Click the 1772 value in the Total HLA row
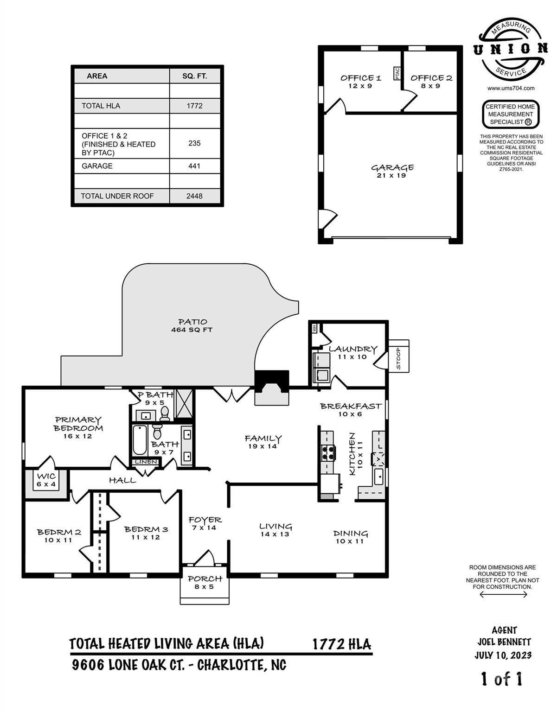(194, 106)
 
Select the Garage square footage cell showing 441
(194, 166)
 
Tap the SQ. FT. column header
(194, 76)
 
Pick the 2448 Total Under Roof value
(194, 196)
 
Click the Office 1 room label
(360, 81)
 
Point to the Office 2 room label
(431, 81)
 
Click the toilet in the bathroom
(157, 432)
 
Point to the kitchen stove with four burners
(328, 452)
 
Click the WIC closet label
(46, 480)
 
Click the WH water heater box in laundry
(315, 328)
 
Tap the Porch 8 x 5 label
(205, 582)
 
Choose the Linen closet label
(146, 462)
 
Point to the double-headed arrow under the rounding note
(503, 594)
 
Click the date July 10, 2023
(503, 655)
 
